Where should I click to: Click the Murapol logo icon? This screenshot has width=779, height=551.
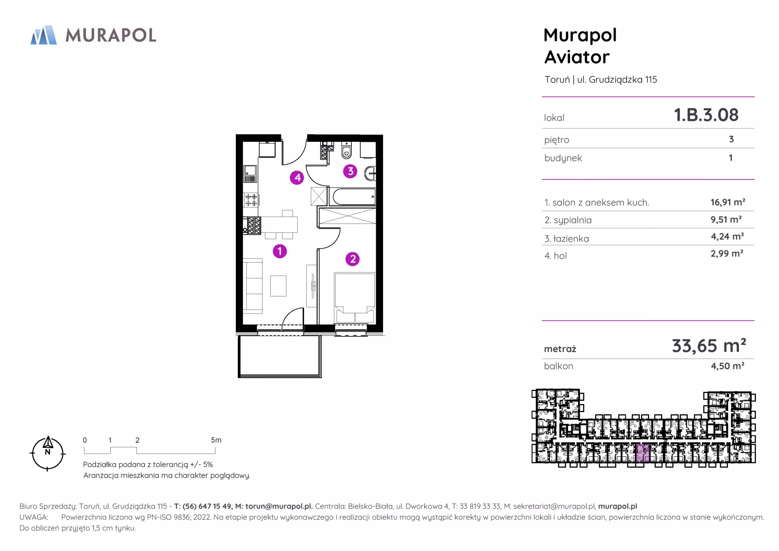pos(44,35)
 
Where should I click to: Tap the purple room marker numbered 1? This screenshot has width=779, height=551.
pos(280,251)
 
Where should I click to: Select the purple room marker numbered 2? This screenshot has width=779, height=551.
pos(353,259)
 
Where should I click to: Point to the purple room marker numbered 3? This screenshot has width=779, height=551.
pos(350,171)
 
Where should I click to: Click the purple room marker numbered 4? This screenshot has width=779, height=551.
pos(297,177)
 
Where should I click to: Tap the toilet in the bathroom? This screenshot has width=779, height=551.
pos(346,151)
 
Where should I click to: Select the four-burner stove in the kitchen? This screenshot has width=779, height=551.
pos(251,200)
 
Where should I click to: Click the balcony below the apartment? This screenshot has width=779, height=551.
pos(280,356)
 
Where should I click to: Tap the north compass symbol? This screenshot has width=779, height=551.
pos(47,454)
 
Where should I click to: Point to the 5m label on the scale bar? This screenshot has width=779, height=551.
pos(216,440)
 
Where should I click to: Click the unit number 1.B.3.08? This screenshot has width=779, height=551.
pos(706,115)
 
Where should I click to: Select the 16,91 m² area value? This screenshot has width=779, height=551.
pos(728,202)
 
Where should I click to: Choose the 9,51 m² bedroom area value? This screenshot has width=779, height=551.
pos(726,220)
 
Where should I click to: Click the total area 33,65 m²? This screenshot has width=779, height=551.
pos(709,346)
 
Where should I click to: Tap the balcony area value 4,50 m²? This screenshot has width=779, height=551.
pos(727,366)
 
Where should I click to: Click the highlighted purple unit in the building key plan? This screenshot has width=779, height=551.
pos(643,453)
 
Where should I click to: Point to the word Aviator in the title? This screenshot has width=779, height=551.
pos(577,57)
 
